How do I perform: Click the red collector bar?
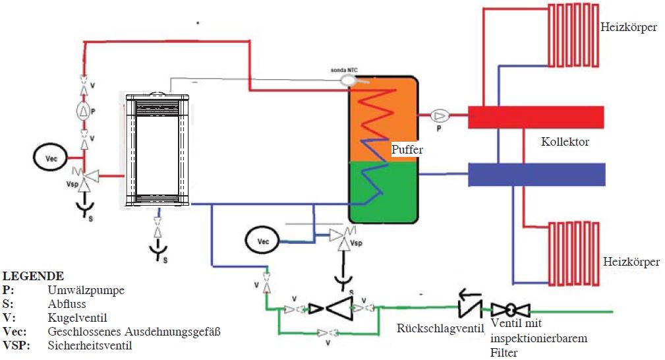[x=536, y=117]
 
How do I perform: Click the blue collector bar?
[x=536, y=175]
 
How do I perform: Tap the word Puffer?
[x=407, y=150]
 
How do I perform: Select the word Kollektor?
[x=565, y=142]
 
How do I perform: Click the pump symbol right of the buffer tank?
[x=440, y=115]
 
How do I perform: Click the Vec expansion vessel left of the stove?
[x=51, y=158]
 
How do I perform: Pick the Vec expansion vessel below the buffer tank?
[x=263, y=241]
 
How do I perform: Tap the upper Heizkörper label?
[x=629, y=28]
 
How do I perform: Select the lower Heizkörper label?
[x=631, y=262]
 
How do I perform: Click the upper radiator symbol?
[x=573, y=35]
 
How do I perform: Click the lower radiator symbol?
[x=574, y=253]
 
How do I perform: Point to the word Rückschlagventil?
[x=440, y=328]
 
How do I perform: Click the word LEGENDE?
[x=33, y=276]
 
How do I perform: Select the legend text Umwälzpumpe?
[x=86, y=290]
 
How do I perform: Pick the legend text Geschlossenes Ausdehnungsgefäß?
[x=134, y=331]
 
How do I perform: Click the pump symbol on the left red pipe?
[x=84, y=111]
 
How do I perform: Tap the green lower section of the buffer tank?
[x=384, y=192]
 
